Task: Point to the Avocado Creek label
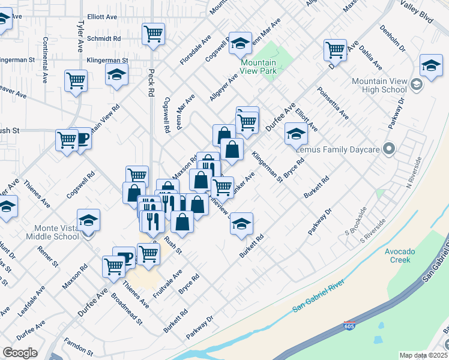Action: pos(398,256)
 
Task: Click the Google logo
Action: pos(20,353)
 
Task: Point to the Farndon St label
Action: pos(79,347)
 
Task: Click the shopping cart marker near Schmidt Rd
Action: pos(154,34)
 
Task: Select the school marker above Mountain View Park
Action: pos(240,42)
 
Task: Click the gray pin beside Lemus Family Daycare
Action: pos(389,148)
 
